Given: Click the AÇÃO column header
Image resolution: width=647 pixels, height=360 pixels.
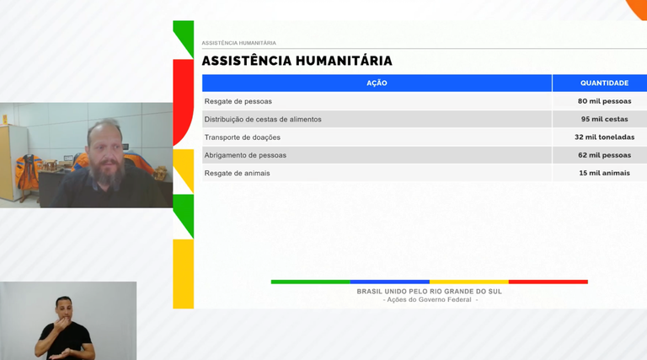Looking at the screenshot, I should (377, 83).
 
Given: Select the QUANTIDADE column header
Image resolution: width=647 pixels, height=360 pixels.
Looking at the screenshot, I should (604, 83).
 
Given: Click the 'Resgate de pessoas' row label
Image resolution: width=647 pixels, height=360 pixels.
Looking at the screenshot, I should (238, 101).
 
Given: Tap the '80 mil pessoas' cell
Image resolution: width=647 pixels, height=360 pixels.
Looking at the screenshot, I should (604, 101).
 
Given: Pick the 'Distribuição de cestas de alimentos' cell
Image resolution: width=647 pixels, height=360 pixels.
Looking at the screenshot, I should (263, 119).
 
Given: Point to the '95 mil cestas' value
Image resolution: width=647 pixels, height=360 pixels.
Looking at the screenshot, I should (604, 119).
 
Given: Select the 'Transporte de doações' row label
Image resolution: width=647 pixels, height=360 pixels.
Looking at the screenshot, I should (243, 137).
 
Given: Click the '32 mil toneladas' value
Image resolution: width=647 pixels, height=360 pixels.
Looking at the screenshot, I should (604, 137).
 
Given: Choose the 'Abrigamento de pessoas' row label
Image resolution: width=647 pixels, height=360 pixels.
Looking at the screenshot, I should (245, 155).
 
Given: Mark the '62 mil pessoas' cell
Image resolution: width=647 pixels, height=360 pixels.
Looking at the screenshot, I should (604, 155).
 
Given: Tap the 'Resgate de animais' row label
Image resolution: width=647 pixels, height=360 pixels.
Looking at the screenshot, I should (238, 173).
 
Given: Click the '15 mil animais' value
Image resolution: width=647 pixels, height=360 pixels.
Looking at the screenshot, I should (604, 173).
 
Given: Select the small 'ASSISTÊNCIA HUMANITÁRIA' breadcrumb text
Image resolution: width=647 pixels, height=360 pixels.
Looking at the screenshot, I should (238, 43).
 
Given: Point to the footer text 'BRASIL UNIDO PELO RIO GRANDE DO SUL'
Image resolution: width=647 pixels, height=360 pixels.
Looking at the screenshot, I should (429, 291).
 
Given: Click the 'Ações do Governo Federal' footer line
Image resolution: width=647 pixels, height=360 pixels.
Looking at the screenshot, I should (430, 299).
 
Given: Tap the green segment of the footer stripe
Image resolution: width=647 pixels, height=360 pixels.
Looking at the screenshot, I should (310, 282).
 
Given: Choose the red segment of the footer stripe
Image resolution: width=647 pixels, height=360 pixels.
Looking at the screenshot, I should (548, 282).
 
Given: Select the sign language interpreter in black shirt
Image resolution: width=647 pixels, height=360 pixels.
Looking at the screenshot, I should (64, 329).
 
